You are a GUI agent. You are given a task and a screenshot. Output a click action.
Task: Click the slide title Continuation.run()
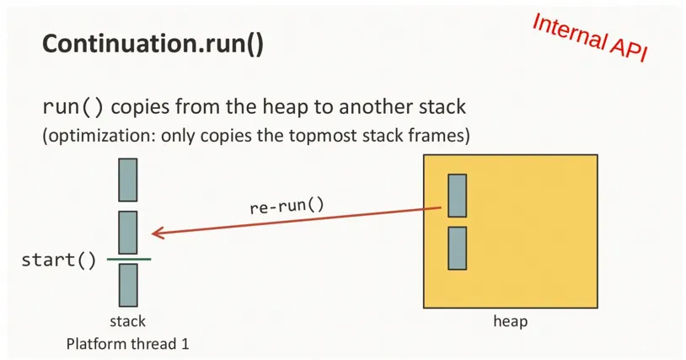pos(153,45)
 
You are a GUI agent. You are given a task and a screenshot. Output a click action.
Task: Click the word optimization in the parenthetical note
pos(96,134)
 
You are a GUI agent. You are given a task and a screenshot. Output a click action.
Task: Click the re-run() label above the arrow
pos(287,205)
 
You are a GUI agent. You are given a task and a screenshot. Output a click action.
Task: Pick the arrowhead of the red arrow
pos(157,233)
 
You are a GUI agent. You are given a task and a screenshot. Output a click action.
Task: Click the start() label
pos(58,260)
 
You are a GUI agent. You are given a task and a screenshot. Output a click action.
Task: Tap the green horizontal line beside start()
pos(128,259)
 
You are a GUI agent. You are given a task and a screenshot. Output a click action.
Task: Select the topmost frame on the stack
pos(128,180)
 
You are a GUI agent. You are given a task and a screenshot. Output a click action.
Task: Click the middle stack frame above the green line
pos(128,233)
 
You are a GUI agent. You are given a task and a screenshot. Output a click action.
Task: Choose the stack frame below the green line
pos(128,285)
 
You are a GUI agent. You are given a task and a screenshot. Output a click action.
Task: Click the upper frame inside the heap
pos(457,196)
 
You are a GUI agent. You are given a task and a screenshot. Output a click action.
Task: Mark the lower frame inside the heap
pos(457,248)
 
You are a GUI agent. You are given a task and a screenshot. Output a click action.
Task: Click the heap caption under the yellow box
pos(511,321)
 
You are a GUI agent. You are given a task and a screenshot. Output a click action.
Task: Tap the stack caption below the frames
pos(128,321)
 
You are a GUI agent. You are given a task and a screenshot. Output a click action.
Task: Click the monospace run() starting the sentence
pos(73,108)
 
